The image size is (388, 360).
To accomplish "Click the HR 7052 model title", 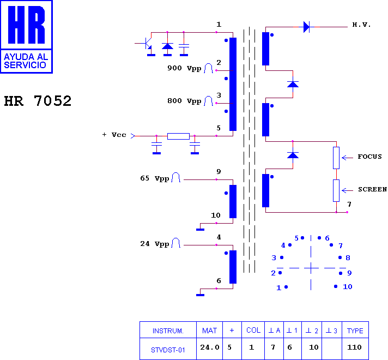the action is click(x=38, y=101).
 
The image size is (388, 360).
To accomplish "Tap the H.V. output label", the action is click(x=361, y=25).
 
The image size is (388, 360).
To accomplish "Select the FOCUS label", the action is click(x=369, y=157).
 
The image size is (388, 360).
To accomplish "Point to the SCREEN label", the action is click(x=372, y=189).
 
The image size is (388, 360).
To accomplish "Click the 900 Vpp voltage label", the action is click(x=184, y=68).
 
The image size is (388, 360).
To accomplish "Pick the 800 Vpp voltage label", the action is click(x=184, y=101).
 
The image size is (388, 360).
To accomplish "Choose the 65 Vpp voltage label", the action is click(x=155, y=178).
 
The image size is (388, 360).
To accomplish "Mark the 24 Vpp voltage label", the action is click(x=155, y=244).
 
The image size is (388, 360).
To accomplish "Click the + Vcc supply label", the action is click(x=114, y=135).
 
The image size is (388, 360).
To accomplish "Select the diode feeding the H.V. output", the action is click(x=306, y=27).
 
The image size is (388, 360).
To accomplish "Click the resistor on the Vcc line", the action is click(x=178, y=136).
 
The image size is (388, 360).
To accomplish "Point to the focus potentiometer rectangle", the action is click(x=336, y=158).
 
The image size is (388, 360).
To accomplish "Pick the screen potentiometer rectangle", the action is click(x=336, y=190).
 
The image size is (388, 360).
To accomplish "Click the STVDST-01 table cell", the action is click(x=168, y=350).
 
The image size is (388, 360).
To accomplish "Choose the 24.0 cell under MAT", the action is click(x=210, y=347).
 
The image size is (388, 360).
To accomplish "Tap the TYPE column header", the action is click(x=355, y=331).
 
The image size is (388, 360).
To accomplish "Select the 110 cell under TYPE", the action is click(x=354, y=347).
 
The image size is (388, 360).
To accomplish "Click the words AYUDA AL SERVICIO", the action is click(x=26, y=61).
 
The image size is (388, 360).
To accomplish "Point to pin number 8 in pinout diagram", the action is click(x=348, y=257).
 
